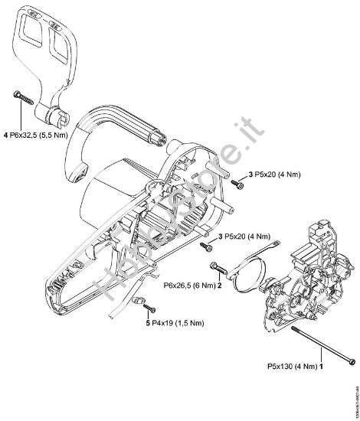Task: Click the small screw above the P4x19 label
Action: tap(151, 308)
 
